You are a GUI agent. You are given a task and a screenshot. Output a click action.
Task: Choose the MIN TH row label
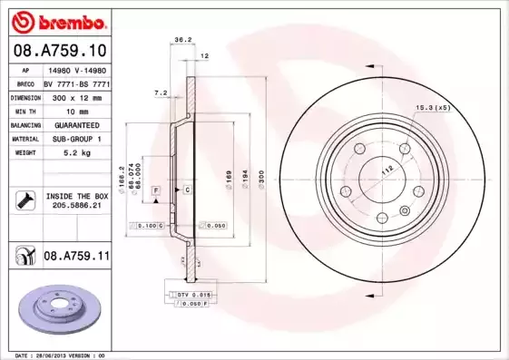24,111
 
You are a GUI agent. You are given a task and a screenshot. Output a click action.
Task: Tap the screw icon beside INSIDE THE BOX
24,200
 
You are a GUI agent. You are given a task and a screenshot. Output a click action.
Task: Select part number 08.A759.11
76,257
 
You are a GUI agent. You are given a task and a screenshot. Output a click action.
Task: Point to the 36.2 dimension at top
182,40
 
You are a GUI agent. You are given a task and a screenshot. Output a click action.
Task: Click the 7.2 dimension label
161,92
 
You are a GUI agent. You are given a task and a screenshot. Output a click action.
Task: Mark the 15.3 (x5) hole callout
433,108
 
